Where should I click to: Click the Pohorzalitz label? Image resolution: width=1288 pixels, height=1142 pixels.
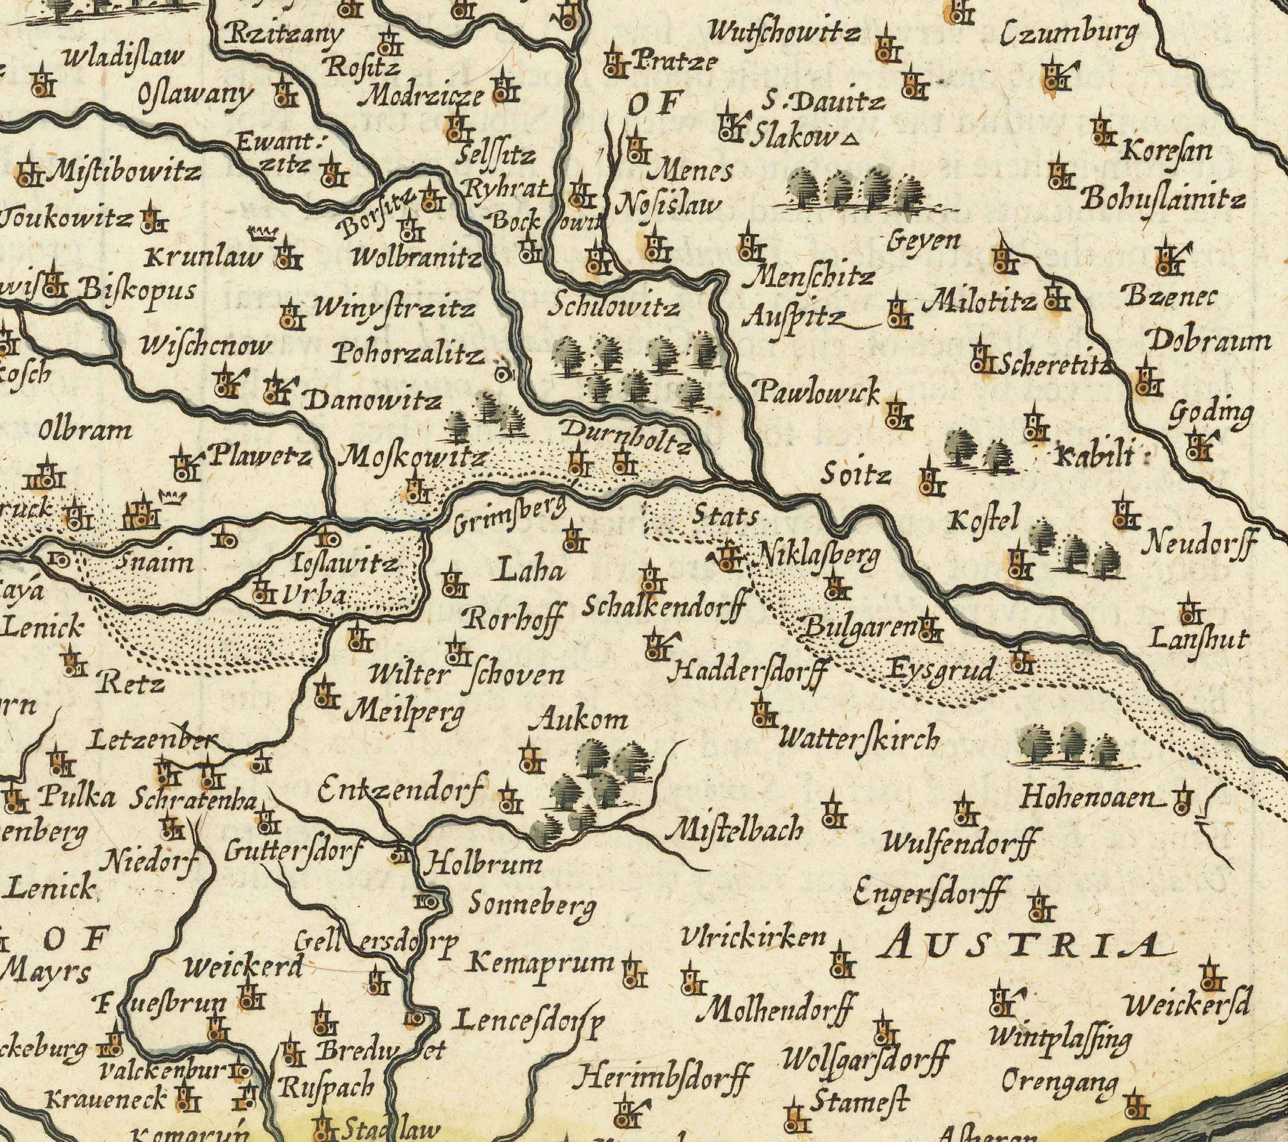tap(410, 355)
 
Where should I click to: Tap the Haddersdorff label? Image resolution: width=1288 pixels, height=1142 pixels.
tap(747, 672)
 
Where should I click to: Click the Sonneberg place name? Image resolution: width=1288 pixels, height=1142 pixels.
tap(532, 906)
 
